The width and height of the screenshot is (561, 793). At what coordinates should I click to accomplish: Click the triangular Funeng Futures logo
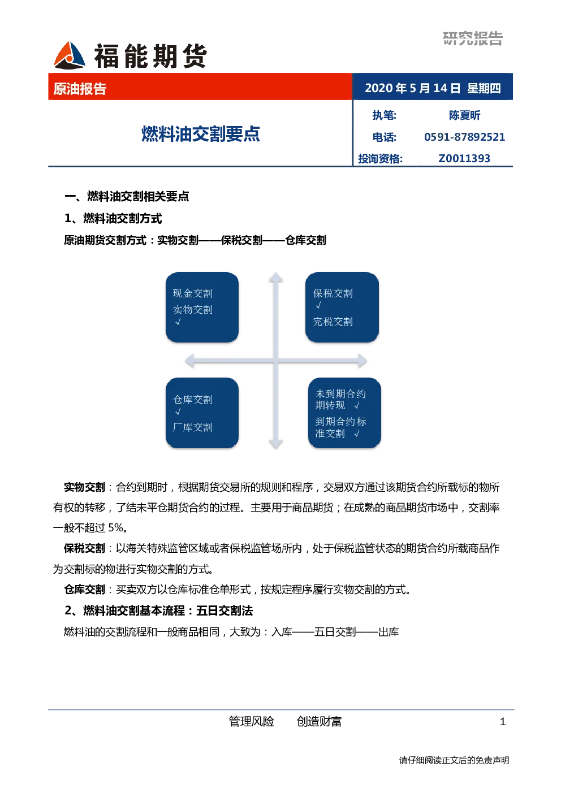click(70, 55)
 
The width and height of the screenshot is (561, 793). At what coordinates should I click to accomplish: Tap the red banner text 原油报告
click(80, 89)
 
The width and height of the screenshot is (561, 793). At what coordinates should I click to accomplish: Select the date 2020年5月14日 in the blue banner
click(413, 88)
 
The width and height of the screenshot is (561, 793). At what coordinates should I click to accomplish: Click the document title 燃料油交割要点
click(200, 134)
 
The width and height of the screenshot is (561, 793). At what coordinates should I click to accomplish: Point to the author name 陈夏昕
click(464, 115)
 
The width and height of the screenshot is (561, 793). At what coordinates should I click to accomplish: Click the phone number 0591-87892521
click(464, 137)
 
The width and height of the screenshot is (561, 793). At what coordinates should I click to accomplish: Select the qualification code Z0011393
click(464, 158)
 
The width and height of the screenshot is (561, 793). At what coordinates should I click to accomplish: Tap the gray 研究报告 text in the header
click(472, 38)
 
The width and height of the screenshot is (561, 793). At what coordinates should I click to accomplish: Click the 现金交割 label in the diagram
click(192, 293)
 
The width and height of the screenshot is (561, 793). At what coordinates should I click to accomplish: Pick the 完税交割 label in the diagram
click(333, 322)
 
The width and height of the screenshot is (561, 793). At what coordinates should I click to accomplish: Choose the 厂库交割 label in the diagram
click(192, 427)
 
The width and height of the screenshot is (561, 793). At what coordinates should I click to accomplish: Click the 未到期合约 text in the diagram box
click(340, 393)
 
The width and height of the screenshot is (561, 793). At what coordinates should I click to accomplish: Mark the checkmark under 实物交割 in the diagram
click(178, 322)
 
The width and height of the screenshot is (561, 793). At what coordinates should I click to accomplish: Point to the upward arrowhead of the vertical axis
click(275, 277)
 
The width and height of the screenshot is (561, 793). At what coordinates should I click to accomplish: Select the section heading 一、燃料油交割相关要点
click(127, 196)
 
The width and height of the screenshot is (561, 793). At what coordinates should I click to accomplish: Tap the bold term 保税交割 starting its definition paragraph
click(84, 548)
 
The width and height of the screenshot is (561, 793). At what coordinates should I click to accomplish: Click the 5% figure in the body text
click(115, 528)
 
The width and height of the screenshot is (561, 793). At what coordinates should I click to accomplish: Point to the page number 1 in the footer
click(502, 721)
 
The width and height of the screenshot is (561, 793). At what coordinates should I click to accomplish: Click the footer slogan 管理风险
click(251, 721)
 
